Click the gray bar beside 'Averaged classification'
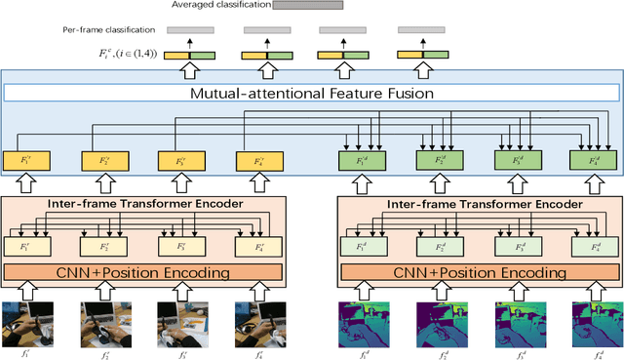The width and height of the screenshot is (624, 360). [307, 6]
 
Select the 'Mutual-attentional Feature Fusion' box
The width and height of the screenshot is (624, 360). [312, 94]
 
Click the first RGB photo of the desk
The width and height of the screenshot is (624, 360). [27, 324]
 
